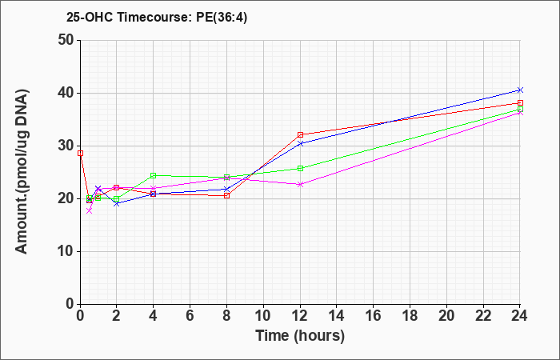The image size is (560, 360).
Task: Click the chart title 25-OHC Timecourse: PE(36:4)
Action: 157,17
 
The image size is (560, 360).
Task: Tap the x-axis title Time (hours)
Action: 300,336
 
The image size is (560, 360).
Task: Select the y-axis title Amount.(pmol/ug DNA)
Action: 22,171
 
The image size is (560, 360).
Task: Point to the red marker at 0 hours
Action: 80,154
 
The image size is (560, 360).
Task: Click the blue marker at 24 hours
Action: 520,90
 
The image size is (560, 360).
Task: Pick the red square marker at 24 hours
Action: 520,103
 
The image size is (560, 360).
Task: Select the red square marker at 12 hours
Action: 300,134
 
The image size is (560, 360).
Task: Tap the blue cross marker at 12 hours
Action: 300,143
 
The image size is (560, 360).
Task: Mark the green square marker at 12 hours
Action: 300,168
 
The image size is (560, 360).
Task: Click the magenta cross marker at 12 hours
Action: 300,184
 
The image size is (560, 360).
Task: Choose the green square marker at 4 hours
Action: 154,175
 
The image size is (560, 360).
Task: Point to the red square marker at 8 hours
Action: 226,196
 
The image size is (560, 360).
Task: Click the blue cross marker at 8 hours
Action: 226,190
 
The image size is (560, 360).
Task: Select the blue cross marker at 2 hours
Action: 117,203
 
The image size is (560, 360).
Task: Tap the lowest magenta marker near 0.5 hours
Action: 90,210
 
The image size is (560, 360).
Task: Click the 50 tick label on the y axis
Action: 66,40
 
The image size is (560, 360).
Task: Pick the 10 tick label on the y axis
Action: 66,251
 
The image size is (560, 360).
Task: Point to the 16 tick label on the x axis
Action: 374,316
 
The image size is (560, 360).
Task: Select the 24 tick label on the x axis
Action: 519,316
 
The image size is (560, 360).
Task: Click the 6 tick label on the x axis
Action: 190,316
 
